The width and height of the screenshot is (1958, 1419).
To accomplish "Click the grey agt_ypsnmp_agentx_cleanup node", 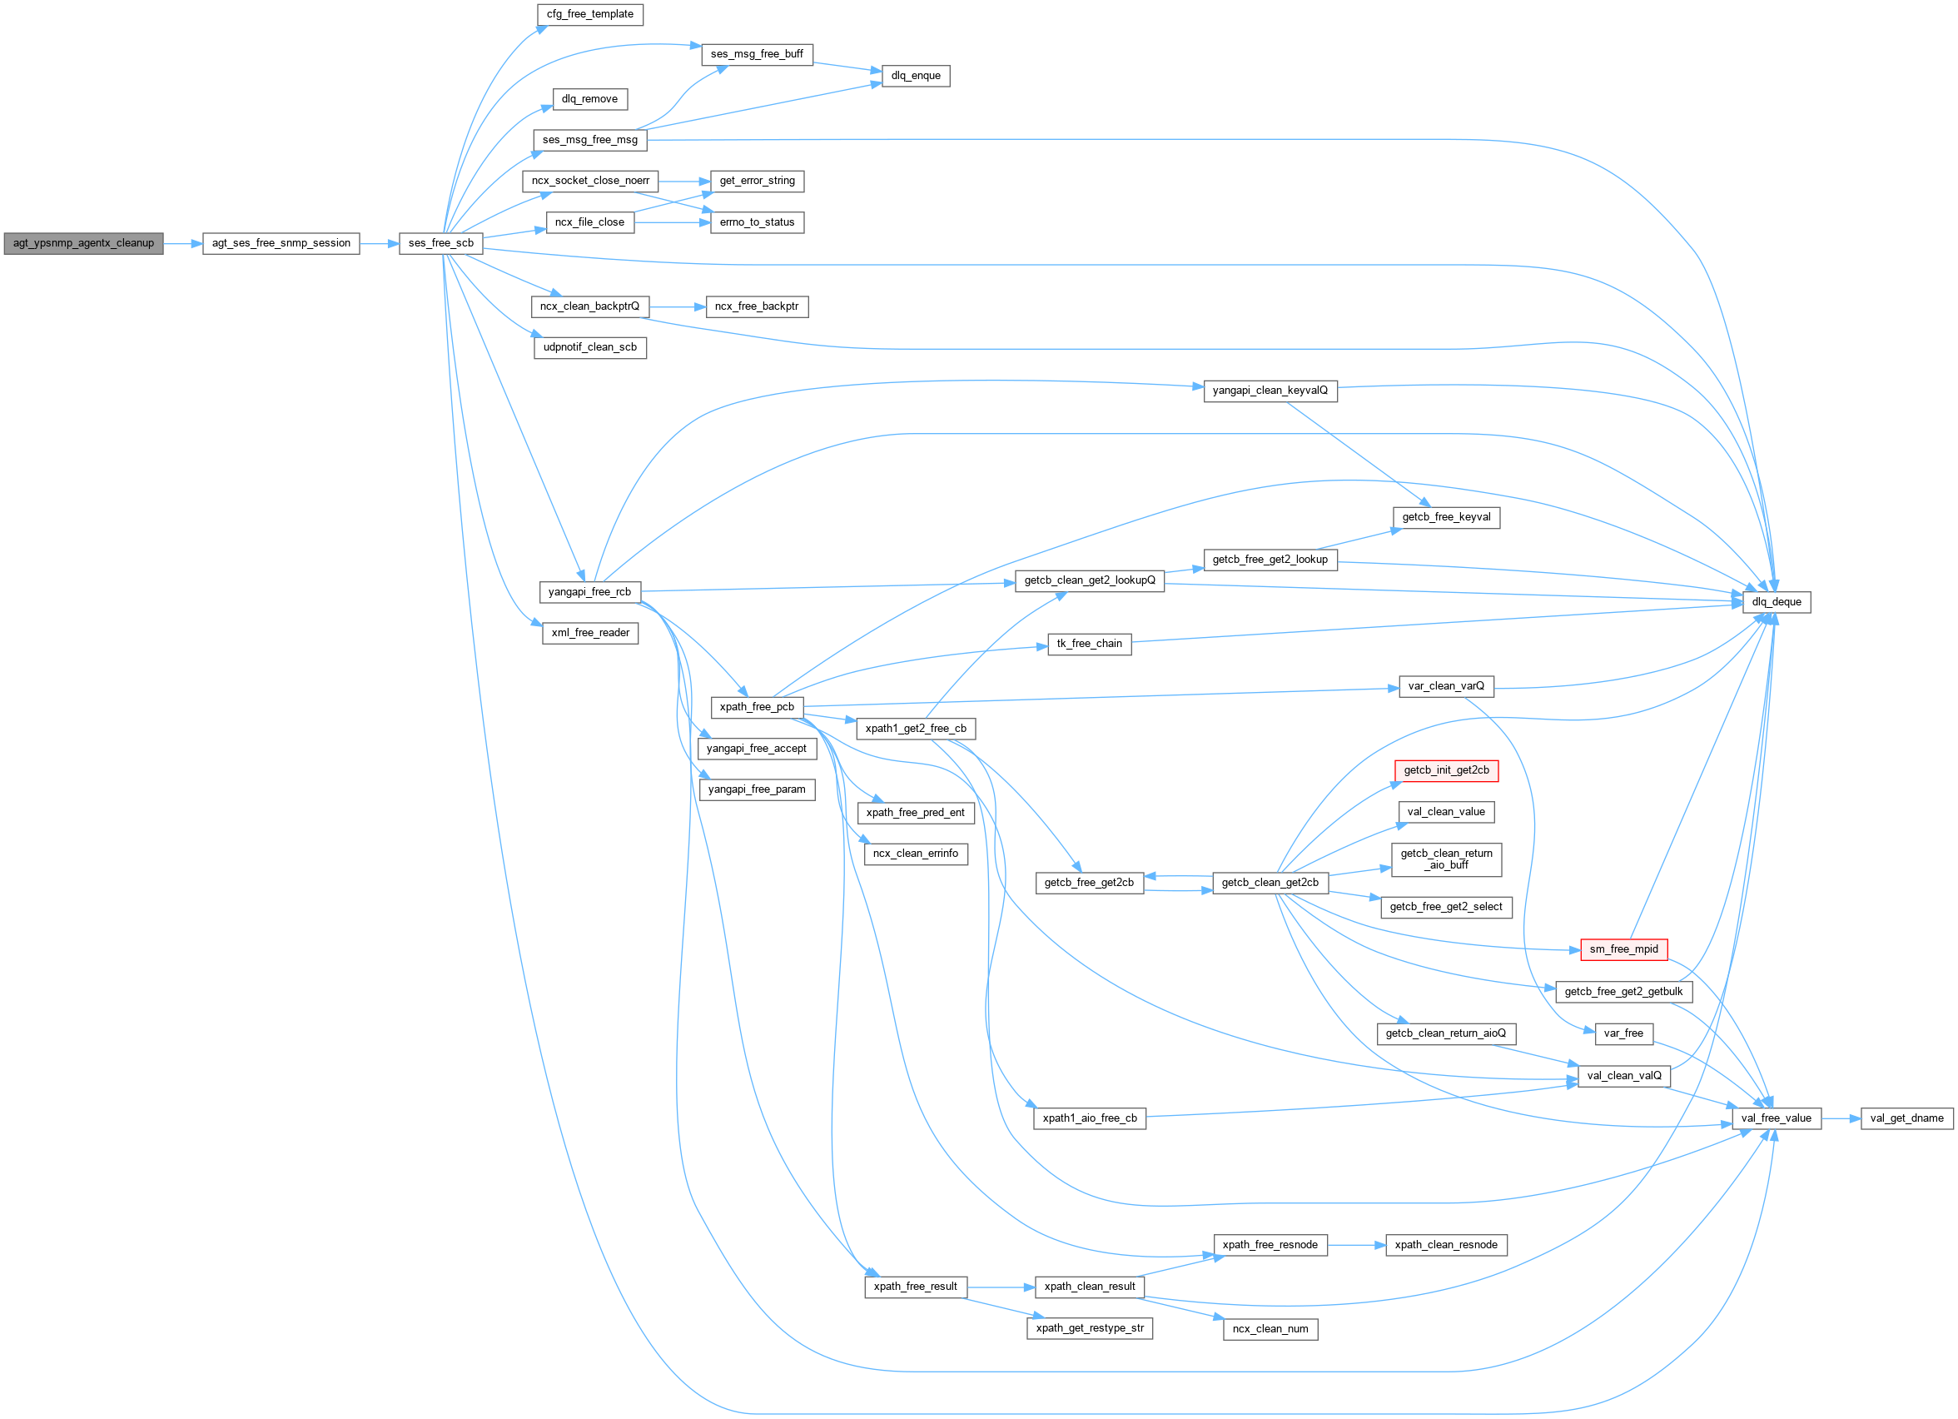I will click(x=83, y=243).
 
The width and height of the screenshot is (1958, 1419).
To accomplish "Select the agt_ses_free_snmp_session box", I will click(x=281, y=243).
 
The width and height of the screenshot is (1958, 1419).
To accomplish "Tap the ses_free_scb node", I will click(x=440, y=243).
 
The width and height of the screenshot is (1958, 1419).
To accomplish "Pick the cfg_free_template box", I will click(x=589, y=15).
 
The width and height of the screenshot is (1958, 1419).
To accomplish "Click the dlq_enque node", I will click(x=915, y=76).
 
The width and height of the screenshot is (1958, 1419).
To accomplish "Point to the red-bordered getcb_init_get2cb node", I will click(x=1446, y=770).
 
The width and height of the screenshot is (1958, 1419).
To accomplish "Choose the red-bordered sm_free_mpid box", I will click(x=1623, y=949).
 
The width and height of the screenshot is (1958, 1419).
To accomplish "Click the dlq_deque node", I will click(x=1776, y=602).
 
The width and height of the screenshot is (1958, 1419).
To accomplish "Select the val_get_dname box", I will click(x=1906, y=1118).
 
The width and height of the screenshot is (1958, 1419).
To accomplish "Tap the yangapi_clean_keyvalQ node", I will click(x=1270, y=391).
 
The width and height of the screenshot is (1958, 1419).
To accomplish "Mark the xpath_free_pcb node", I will click(x=756, y=707).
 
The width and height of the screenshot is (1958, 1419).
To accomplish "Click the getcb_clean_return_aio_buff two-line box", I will click(x=1446, y=859).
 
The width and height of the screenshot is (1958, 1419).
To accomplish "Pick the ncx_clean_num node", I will click(x=1270, y=1329).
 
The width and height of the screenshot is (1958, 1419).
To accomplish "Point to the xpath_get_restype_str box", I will click(x=1090, y=1328).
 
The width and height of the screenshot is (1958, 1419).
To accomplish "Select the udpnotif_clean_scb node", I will click(x=589, y=347).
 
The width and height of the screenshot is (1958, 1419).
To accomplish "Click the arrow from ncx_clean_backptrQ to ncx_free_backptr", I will click(x=678, y=306).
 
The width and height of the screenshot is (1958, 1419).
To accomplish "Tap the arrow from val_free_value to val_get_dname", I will click(x=1841, y=1118).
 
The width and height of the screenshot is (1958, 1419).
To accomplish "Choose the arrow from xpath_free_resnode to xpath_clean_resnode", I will click(x=1356, y=1246).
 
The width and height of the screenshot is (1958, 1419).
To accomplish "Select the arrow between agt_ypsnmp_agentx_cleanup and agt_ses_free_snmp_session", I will click(x=183, y=243).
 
